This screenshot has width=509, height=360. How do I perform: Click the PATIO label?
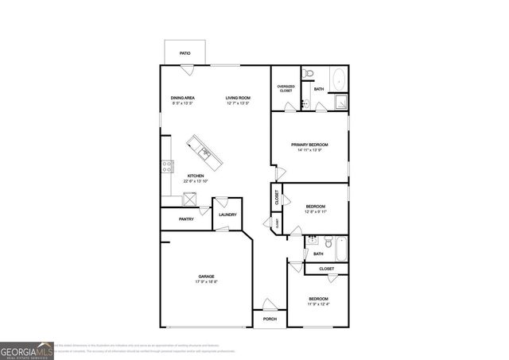click(x=185, y=53)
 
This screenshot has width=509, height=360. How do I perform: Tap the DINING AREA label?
click(x=183, y=98)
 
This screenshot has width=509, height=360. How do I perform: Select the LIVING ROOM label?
click(x=238, y=98)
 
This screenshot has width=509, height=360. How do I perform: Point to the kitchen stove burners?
click(x=168, y=166)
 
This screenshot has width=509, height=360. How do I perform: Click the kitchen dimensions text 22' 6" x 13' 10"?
click(x=196, y=182)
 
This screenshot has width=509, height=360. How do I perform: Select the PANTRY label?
click(x=186, y=219)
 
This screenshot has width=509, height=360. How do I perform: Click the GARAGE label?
click(x=207, y=276)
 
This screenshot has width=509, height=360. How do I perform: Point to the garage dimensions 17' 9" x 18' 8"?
click(x=207, y=282)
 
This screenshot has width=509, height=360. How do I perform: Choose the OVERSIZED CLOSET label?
click(x=286, y=88)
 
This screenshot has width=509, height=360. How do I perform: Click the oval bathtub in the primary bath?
click(x=340, y=80)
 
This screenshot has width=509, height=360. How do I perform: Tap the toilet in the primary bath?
click(x=313, y=75)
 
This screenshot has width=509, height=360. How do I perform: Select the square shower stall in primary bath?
click(x=340, y=101)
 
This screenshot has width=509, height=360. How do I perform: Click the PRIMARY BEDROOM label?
click(x=309, y=144)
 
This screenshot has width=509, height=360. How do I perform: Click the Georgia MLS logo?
click(x=26, y=350)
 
